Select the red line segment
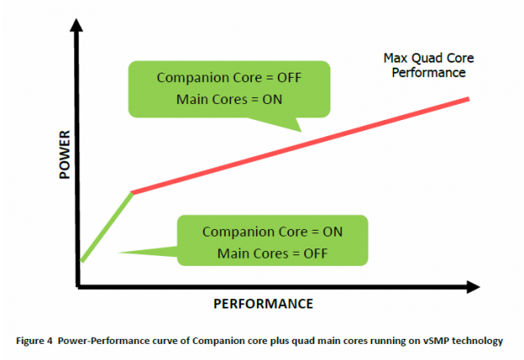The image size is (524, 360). [300, 146]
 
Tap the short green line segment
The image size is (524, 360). [106, 226]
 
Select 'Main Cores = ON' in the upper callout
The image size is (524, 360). [229, 100]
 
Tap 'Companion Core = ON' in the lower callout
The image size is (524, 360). [273, 231]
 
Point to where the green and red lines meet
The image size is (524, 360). [132, 193]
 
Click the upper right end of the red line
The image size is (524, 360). [468, 99]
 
